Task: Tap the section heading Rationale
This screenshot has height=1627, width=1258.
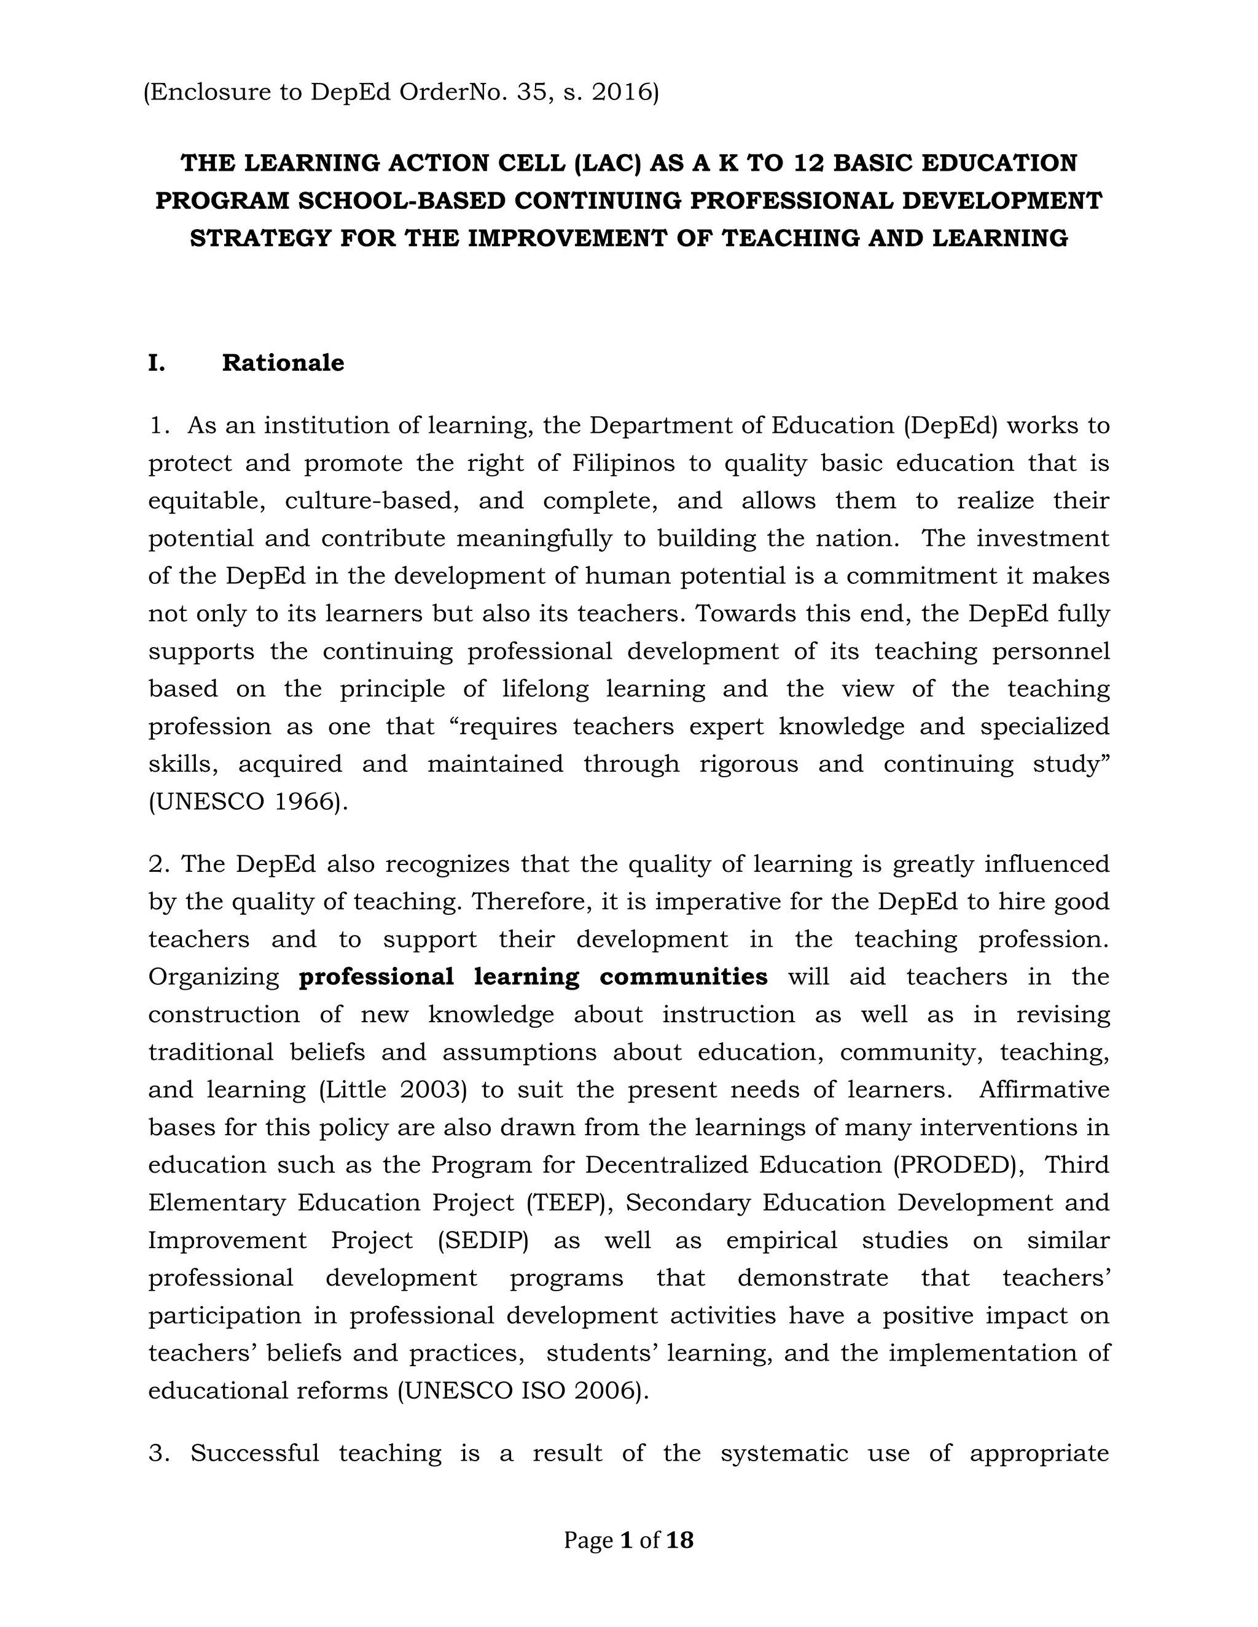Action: pyautogui.click(x=283, y=363)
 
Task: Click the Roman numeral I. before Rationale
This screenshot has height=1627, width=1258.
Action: pyautogui.click(x=157, y=363)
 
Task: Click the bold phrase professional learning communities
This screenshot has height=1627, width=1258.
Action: pyautogui.click(x=533, y=977)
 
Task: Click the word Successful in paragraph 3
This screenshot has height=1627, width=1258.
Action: pyautogui.click(x=254, y=1453)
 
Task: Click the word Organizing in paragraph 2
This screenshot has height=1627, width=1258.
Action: pyautogui.click(x=213, y=977)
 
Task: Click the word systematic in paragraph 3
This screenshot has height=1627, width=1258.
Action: pyautogui.click(x=784, y=1453)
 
